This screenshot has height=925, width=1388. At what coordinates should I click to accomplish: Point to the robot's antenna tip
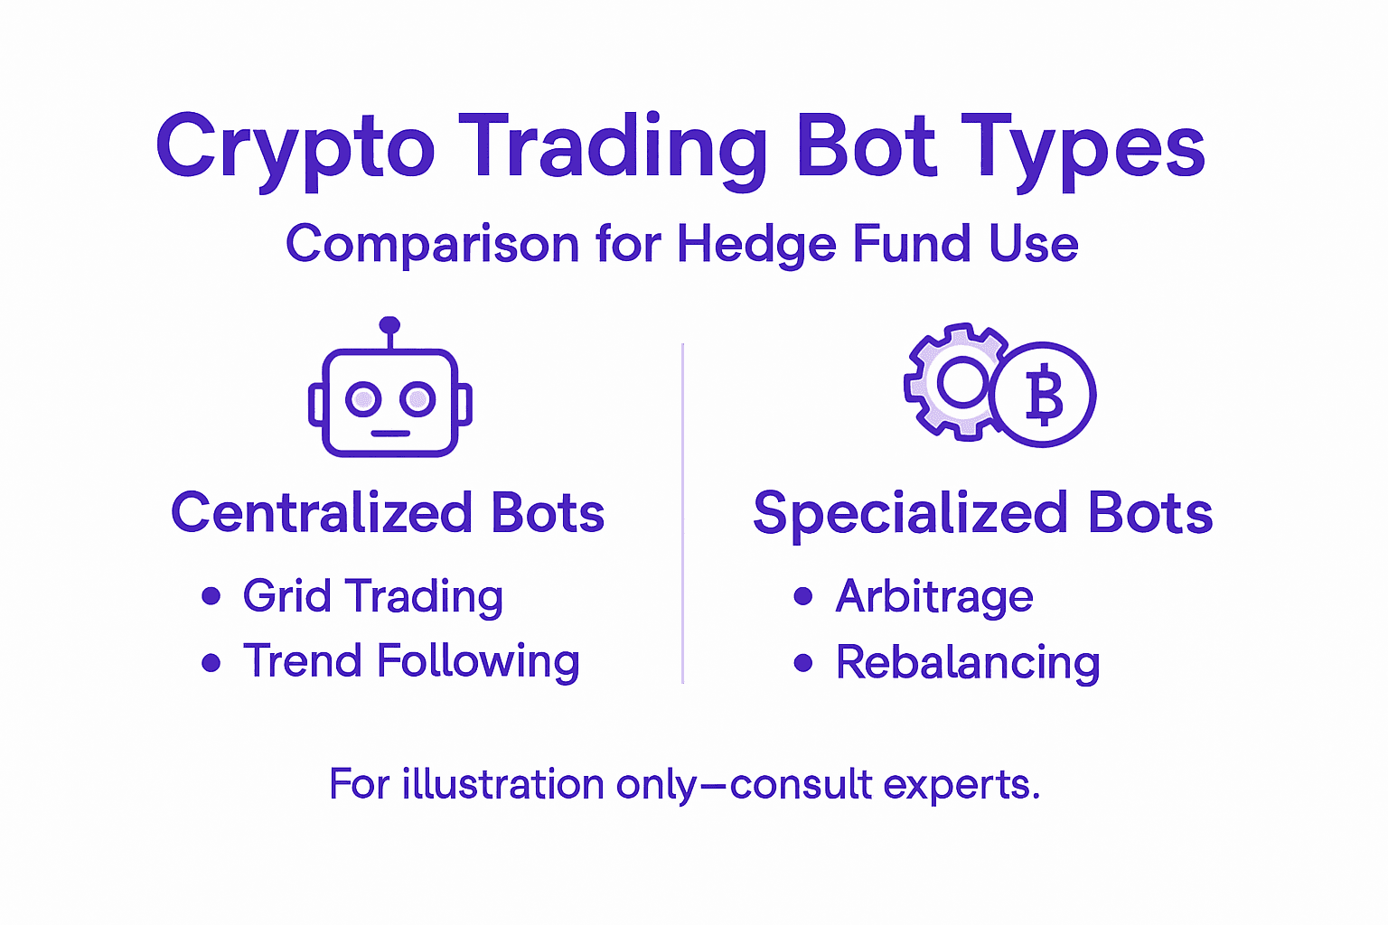pyautogui.click(x=389, y=325)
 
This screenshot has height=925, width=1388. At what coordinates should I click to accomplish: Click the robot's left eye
pyautogui.click(x=363, y=398)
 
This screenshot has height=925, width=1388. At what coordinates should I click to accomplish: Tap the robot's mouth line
pyautogui.click(x=390, y=434)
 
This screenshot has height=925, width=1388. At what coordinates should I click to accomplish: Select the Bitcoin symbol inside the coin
pyautogui.click(x=1044, y=396)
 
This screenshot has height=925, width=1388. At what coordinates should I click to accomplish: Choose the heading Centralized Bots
pyautogui.click(x=388, y=513)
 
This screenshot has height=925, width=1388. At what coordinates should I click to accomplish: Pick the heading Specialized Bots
pyautogui.click(x=982, y=513)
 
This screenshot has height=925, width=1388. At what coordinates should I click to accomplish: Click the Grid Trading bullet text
pyautogui.click(x=372, y=597)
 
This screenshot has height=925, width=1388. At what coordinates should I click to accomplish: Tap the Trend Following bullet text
pyautogui.click(x=411, y=662)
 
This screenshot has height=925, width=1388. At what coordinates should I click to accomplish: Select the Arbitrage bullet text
pyautogui.click(x=934, y=597)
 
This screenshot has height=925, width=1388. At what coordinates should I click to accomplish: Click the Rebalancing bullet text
pyautogui.click(x=968, y=663)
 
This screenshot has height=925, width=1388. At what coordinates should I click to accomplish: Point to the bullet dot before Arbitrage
pyautogui.click(x=802, y=596)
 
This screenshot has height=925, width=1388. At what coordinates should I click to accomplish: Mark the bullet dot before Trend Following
pyautogui.click(x=211, y=663)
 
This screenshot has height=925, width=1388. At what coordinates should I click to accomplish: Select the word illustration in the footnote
pyautogui.click(x=502, y=784)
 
